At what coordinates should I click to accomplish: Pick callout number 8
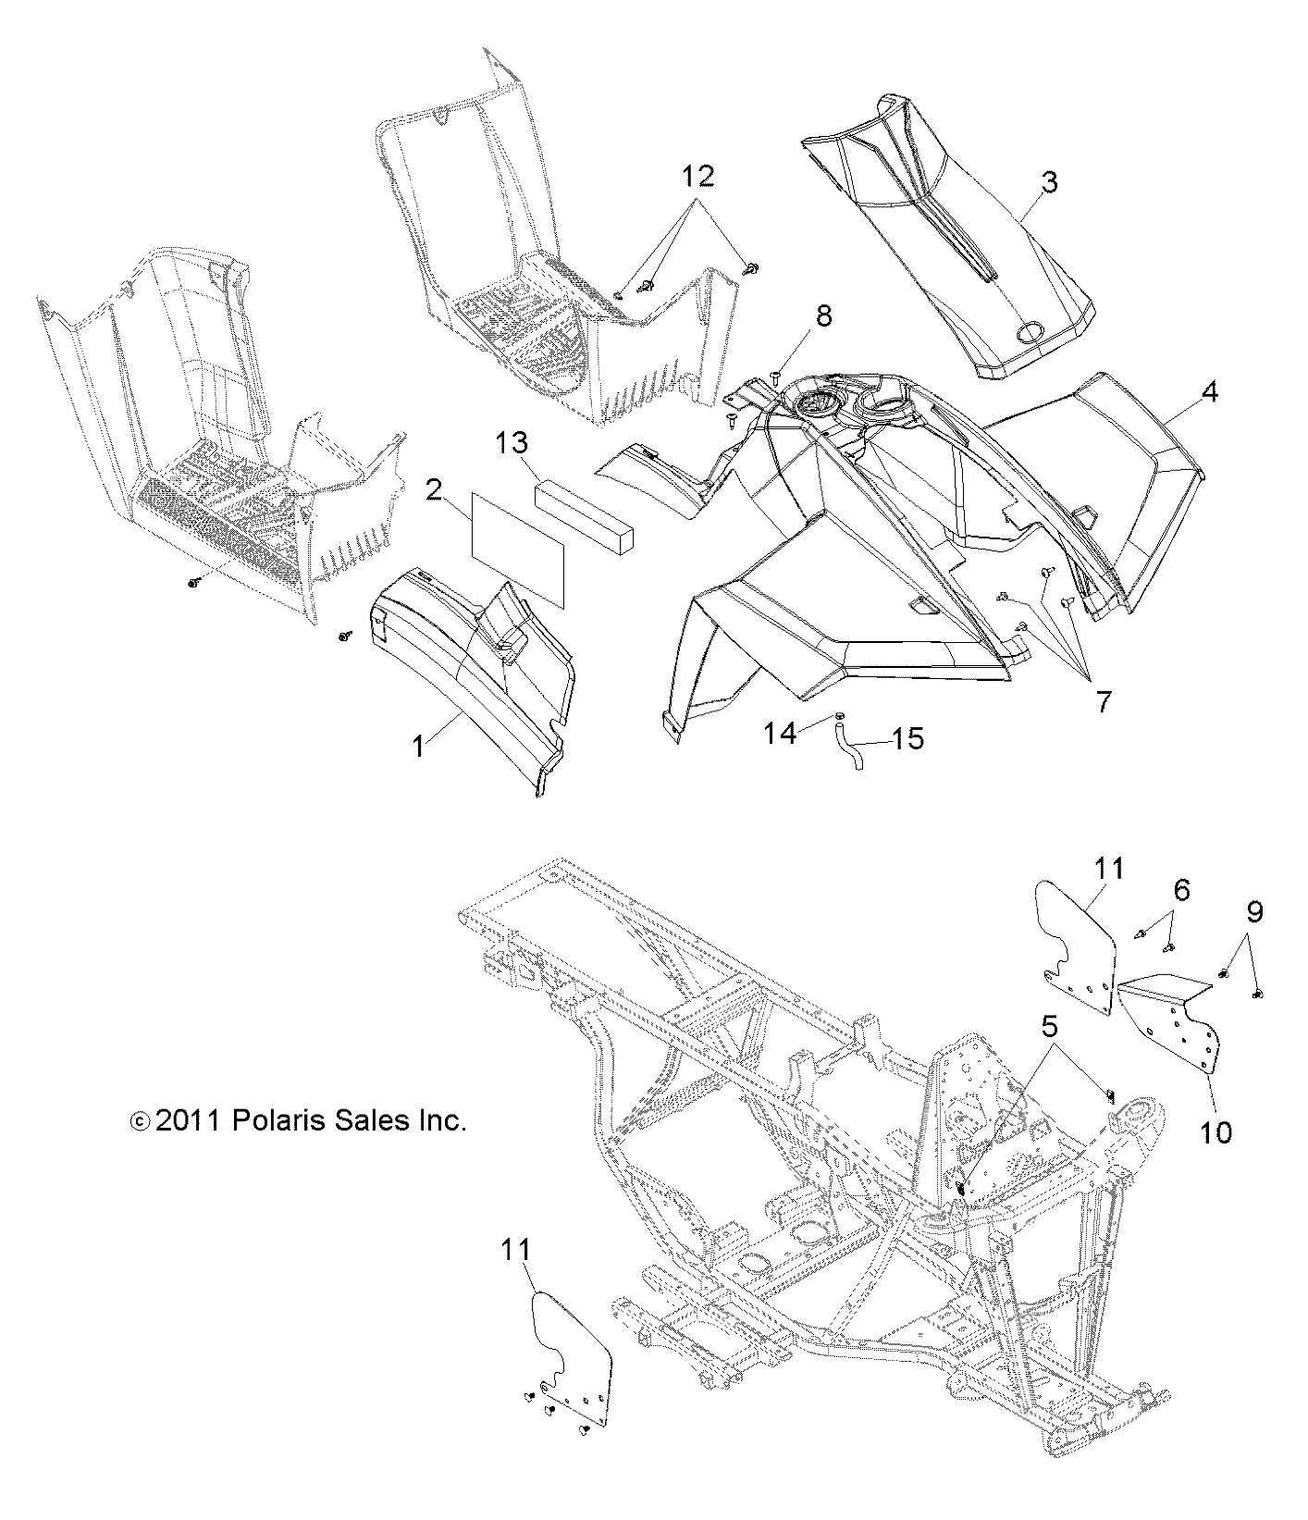(x=822, y=315)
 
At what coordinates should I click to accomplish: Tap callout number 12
(x=698, y=175)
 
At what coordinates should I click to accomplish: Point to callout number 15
(x=908, y=738)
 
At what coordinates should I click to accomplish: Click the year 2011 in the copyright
(x=187, y=1121)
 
